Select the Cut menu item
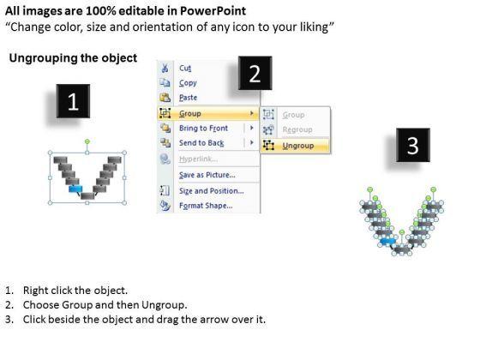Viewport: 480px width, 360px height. pos(185,68)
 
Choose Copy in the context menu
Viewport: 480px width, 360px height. pos(188,83)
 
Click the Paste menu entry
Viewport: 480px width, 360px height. pos(188,98)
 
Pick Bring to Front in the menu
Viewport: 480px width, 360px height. pos(203,128)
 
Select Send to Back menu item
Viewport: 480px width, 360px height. pos(201,143)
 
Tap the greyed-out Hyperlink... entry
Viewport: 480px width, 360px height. pos(198,159)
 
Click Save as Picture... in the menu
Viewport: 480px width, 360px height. pos(207,175)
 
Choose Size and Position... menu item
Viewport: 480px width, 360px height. pos(211,191)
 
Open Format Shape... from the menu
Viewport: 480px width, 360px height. pos(206,206)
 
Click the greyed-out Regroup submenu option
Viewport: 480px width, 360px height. pos(297,129)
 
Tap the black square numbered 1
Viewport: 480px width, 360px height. pos(73,101)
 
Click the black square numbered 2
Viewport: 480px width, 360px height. pos(255,73)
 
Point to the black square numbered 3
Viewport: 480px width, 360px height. pos(413,145)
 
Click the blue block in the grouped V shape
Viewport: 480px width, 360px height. pos(75,189)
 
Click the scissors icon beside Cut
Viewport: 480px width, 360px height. pos(165,68)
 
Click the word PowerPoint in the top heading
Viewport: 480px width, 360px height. pos(213,11)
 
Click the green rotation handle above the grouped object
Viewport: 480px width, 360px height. pos(87,141)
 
